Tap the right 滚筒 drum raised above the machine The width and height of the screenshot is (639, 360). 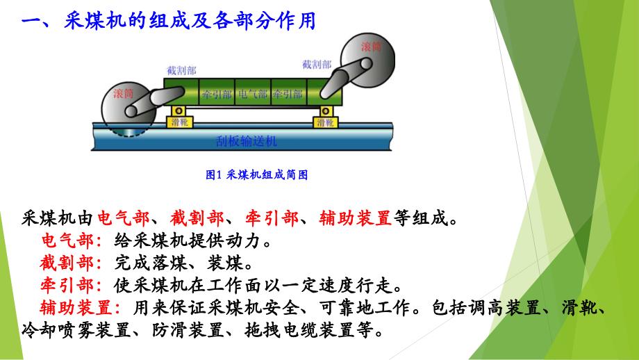pos(367,60)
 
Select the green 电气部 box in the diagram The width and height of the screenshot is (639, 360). pos(253,92)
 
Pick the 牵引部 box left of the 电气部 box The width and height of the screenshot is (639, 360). pos(217,92)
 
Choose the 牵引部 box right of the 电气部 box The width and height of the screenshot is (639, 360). pos(288,92)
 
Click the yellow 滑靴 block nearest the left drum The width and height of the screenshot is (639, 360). pos(179,122)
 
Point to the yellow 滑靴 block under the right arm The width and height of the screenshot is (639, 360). pos(326,122)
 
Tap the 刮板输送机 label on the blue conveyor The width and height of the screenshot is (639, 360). pos(247,142)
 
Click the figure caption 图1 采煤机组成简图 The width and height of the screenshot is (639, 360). pos(257,175)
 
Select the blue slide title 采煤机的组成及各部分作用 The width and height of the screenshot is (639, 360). pos(190,20)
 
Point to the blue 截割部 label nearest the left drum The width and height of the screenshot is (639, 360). pos(182,70)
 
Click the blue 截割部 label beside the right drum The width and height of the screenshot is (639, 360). pos(317,65)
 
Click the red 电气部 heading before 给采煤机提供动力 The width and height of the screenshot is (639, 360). pos(71,241)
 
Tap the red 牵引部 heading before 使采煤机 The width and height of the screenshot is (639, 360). pos(71,286)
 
